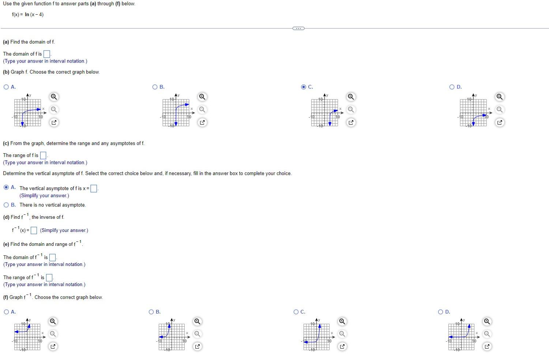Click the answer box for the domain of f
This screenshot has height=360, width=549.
pyautogui.click(x=47, y=54)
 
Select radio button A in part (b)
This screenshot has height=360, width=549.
pyautogui.click(x=6, y=87)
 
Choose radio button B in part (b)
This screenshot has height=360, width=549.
pyautogui.click(x=155, y=87)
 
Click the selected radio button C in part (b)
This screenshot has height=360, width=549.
pyautogui.click(x=304, y=87)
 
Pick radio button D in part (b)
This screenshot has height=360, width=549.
pyautogui.click(x=452, y=87)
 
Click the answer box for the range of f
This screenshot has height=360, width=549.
pyautogui.click(x=43, y=155)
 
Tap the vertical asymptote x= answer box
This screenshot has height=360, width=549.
pyautogui.click(x=94, y=188)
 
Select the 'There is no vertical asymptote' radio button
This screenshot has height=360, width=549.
pyautogui.click(x=6, y=205)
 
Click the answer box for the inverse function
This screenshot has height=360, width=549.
pyautogui.click(x=34, y=230)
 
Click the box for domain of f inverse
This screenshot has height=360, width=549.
pyautogui.click(x=52, y=258)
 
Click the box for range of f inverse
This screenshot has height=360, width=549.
pyautogui.click(x=49, y=278)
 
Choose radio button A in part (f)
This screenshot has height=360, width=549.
pyautogui.click(x=6, y=312)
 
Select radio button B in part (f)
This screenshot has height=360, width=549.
pyautogui.click(x=151, y=312)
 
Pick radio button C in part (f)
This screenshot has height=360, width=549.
pyautogui.click(x=296, y=312)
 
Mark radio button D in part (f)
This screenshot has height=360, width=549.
pyautogui.click(x=441, y=312)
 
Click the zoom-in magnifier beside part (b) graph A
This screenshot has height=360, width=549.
pyautogui.click(x=54, y=97)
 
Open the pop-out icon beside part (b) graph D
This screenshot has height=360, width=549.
pyautogui.click(x=500, y=123)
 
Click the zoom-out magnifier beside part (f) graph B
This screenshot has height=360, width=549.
pyautogui.click(x=198, y=334)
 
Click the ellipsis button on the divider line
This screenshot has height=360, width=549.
pyautogui.click(x=298, y=29)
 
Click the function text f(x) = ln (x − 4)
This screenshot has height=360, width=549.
pyautogui.click(x=28, y=15)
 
